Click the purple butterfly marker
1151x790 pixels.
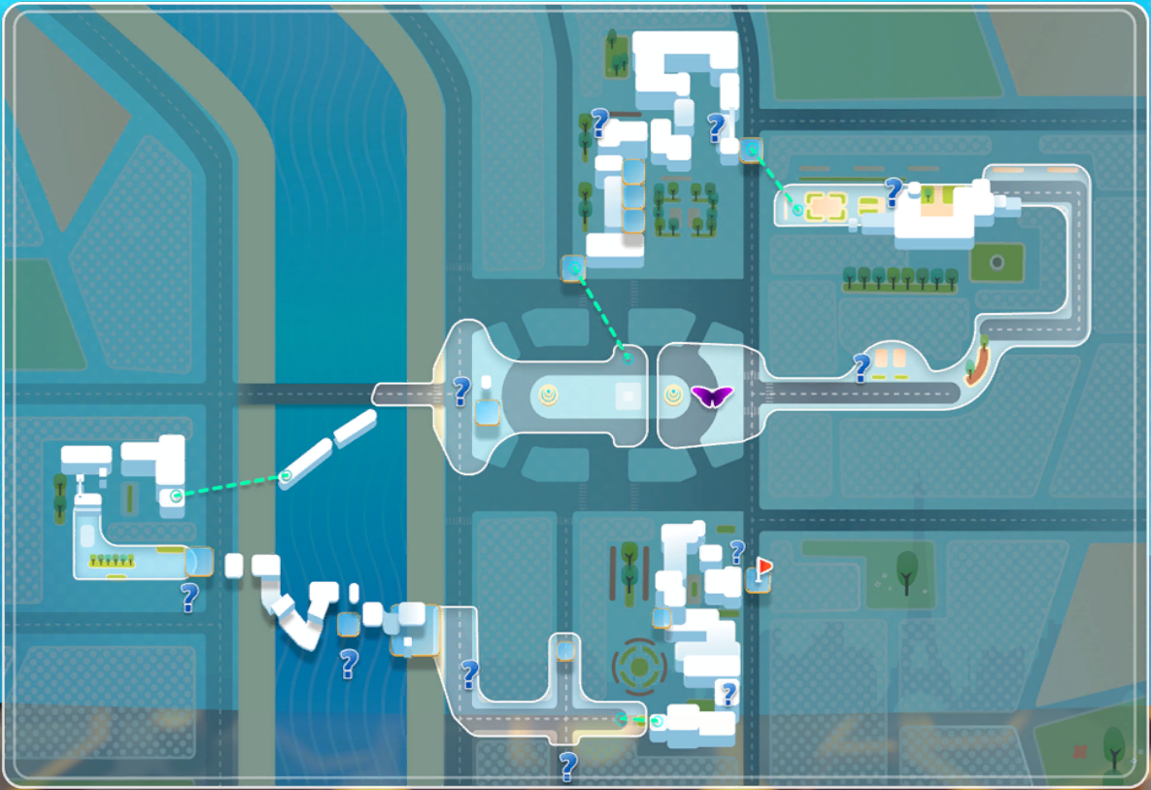click(711, 395)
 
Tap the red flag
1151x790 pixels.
click(765, 566)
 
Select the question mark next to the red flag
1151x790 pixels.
click(737, 552)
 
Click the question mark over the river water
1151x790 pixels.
click(348, 665)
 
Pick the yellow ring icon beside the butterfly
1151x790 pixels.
click(673, 395)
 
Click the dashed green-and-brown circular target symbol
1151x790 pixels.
click(638, 666)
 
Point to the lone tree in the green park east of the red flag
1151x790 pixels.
click(907, 569)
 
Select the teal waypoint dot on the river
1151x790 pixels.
click(286, 476)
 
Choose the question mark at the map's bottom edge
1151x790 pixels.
click(568, 766)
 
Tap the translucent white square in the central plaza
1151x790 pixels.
click(627, 395)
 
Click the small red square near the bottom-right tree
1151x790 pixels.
click(1080, 751)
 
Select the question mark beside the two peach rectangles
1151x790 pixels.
click(861, 367)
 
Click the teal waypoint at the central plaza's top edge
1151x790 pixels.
click(628, 359)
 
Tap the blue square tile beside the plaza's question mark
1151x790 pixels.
click(488, 414)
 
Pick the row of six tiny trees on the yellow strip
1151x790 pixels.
click(110, 560)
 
